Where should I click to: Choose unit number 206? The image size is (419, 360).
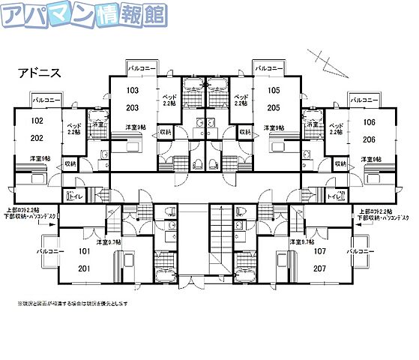click(x=368, y=139)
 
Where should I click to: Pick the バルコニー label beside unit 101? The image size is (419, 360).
click(x=49, y=253)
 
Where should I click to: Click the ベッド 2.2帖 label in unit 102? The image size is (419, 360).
click(x=74, y=128)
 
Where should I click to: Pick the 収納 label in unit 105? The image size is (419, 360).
click(x=244, y=131)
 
